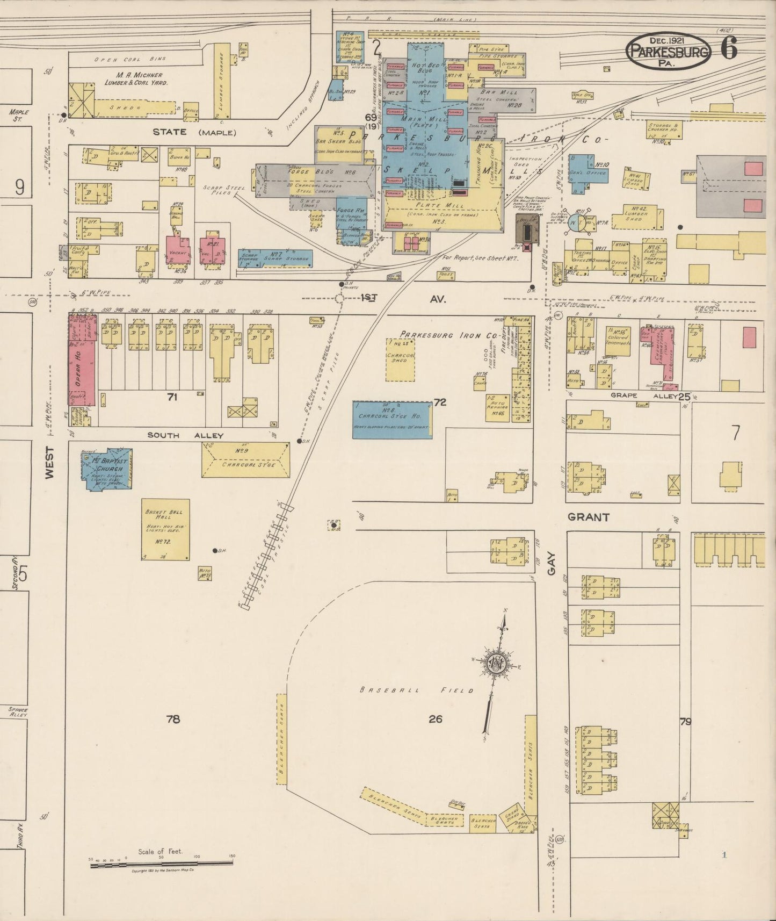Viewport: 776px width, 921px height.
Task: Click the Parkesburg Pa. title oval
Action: (x=668, y=51)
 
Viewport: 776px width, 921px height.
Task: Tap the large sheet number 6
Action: (x=729, y=49)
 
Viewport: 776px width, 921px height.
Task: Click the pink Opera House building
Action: (x=82, y=360)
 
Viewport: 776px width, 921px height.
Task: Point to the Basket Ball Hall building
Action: (x=165, y=529)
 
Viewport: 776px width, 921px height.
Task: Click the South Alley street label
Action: (x=185, y=435)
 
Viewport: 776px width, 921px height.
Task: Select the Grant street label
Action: (x=589, y=517)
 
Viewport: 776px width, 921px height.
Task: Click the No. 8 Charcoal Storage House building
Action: (x=393, y=419)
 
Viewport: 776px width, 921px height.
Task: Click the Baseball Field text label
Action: (x=417, y=690)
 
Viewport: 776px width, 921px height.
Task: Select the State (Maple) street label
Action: (x=194, y=132)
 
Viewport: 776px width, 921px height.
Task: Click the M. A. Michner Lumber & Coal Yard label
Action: (x=135, y=79)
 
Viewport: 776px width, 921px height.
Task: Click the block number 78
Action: (x=173, y=719)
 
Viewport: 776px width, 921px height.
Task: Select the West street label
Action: (x=49, y=464)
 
